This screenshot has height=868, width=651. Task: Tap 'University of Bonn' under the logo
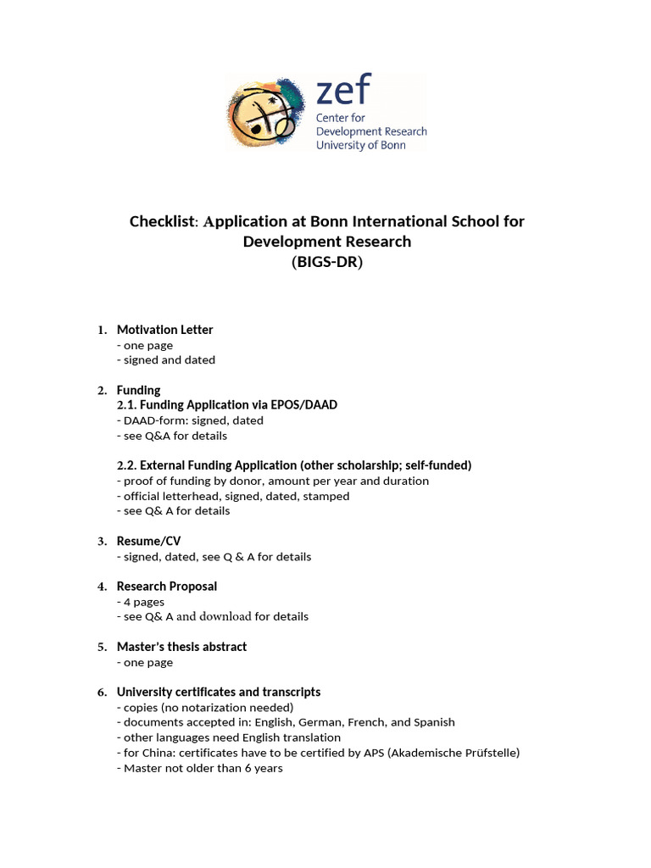pos(360,145)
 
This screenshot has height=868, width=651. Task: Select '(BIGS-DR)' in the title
pos(326,262)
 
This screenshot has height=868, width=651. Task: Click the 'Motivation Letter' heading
pos(164,330)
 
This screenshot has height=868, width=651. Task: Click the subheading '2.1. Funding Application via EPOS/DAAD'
pos(226,405)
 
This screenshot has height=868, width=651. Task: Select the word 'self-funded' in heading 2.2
pos(437,465)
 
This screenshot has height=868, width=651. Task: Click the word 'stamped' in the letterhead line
pos(326,496)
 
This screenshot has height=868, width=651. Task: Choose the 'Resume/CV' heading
pos(148,541)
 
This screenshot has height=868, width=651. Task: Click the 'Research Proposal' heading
pos(166,587)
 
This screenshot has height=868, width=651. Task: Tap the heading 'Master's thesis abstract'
pos(181,647)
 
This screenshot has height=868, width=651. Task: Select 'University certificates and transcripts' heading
pos(218,693)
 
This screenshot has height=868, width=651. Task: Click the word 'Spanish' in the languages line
pos(434,722)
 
